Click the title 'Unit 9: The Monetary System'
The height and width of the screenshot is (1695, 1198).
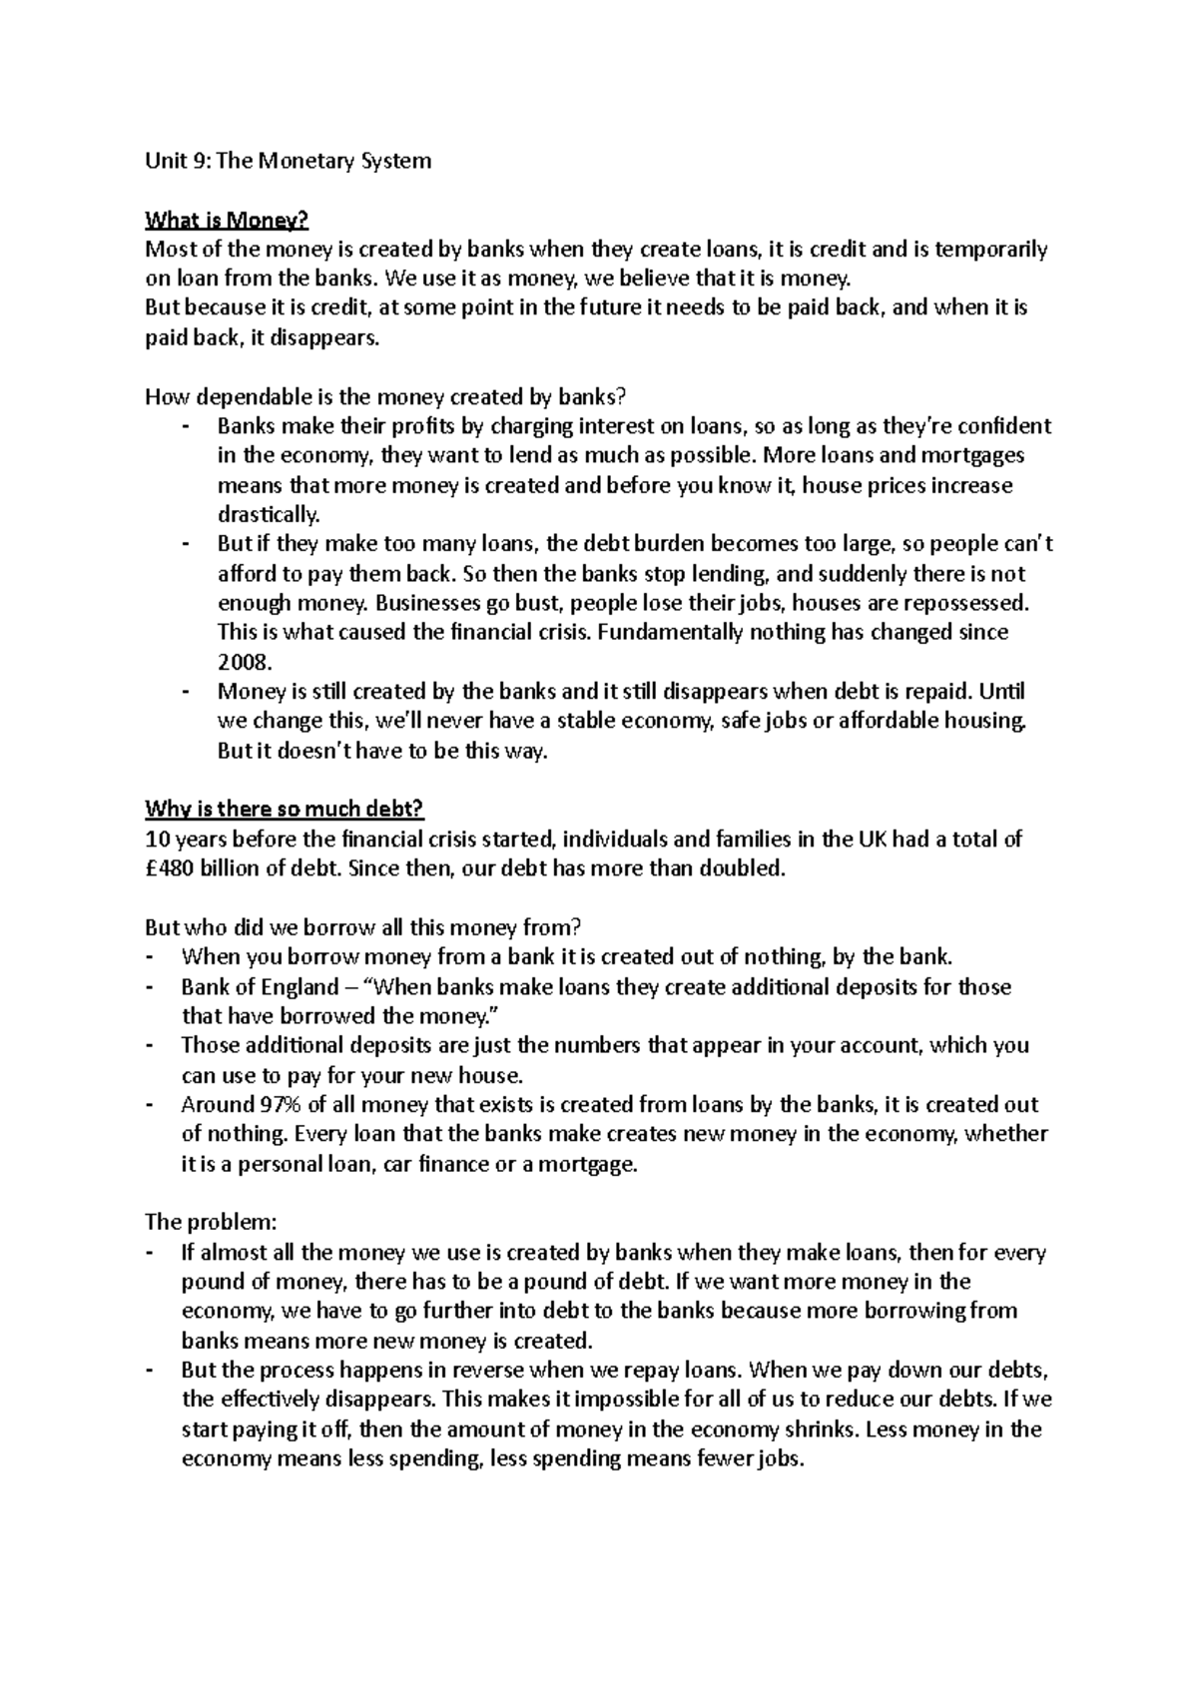(x=289, y=161)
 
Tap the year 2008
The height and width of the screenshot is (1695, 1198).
(x=243, y=662)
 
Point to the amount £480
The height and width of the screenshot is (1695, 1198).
(x=170, y=868)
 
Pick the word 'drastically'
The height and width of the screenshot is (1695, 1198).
(x=269, y=515)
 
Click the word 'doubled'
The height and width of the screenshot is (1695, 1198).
(x=748, y=868)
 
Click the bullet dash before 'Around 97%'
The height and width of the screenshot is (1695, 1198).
(x=150, y=1105)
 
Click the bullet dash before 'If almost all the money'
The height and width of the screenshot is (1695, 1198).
(x=150, y=1253)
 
